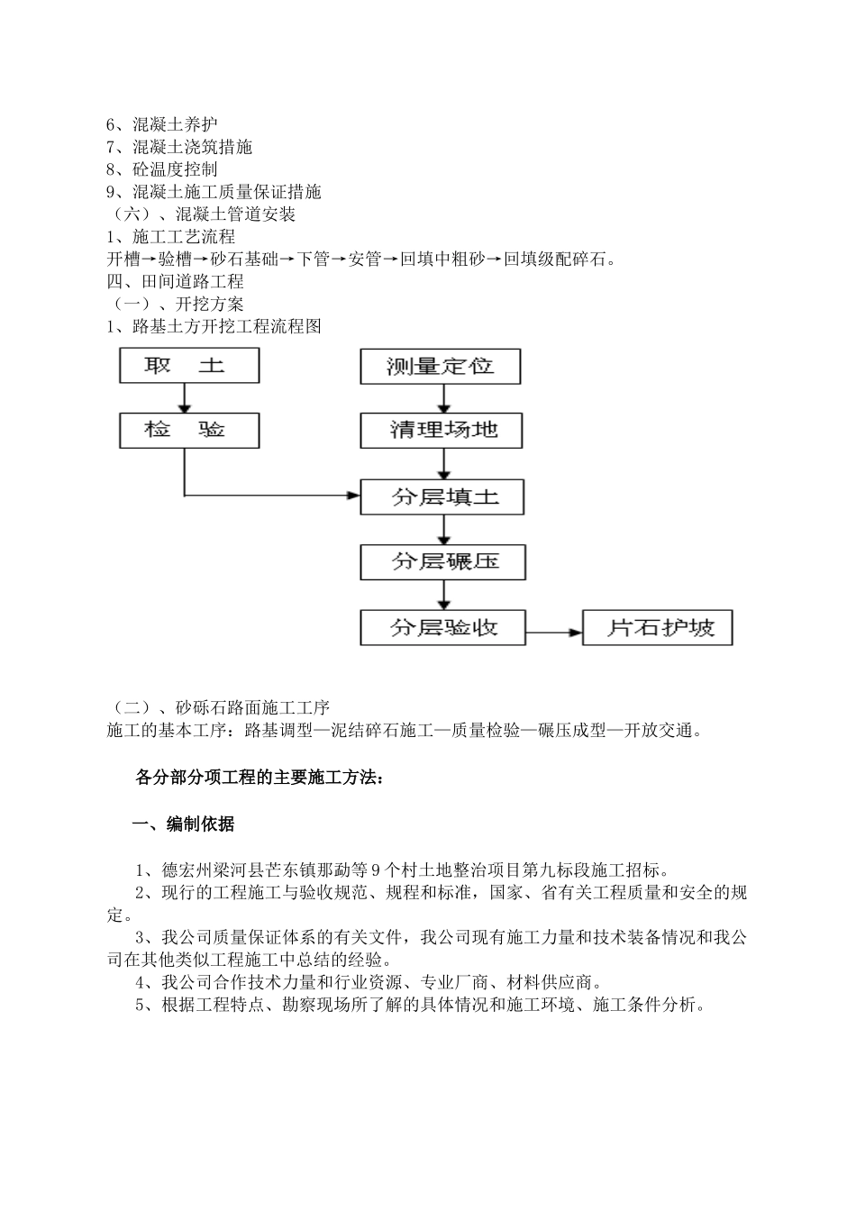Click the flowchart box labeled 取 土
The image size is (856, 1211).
(x=189, y=366)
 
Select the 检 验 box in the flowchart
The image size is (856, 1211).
(x=189, y=431)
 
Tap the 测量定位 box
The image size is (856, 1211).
(x=441, y=367)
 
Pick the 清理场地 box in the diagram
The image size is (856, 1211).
(x=442, y=431)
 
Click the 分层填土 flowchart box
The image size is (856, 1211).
(x=442, y=496)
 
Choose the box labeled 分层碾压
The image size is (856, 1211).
(x=442, y=562)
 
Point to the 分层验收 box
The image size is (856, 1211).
(x=442, y=627)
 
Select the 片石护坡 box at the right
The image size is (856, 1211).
(x=658, y=628)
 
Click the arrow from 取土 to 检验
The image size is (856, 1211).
(x=185, y=398)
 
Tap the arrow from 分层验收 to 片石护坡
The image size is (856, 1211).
(x=553, y=632)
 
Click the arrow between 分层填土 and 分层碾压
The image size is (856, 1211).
(x=443, y=529)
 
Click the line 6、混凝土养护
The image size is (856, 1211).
(x=162, y=124)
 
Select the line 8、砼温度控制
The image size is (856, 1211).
(x=162, y=169)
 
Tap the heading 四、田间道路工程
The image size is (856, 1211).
(x=176, y=282)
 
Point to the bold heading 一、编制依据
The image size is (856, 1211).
(x=184, y=824)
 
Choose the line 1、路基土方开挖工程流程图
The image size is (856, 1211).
(x=214, y=327)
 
